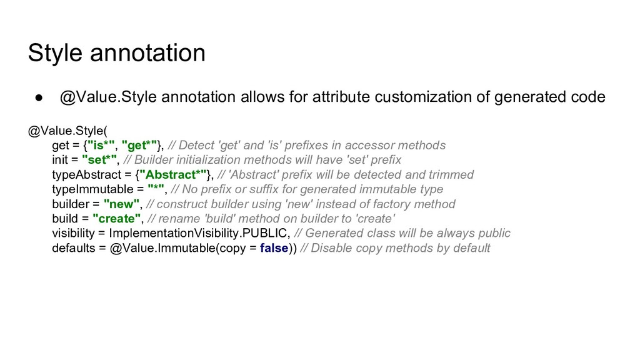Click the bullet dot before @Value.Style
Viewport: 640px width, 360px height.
(x=37, y=97)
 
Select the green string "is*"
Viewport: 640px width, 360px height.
(x=102, y=146)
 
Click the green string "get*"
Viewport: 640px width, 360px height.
(x=141, y=146)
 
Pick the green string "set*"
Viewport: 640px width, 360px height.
(x=99, y=160)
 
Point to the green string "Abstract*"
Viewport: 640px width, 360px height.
(x=172, y=174)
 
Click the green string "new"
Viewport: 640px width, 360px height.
(x=121, y=204)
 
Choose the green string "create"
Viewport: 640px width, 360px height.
(x=116, y=219)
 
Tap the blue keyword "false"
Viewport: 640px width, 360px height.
(x=274, y=248)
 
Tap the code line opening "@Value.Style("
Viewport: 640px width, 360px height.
(x=67, y=131)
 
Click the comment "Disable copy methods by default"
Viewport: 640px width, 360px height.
(x=400, y=248)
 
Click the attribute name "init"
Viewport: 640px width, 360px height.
(x=60, y=160)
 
